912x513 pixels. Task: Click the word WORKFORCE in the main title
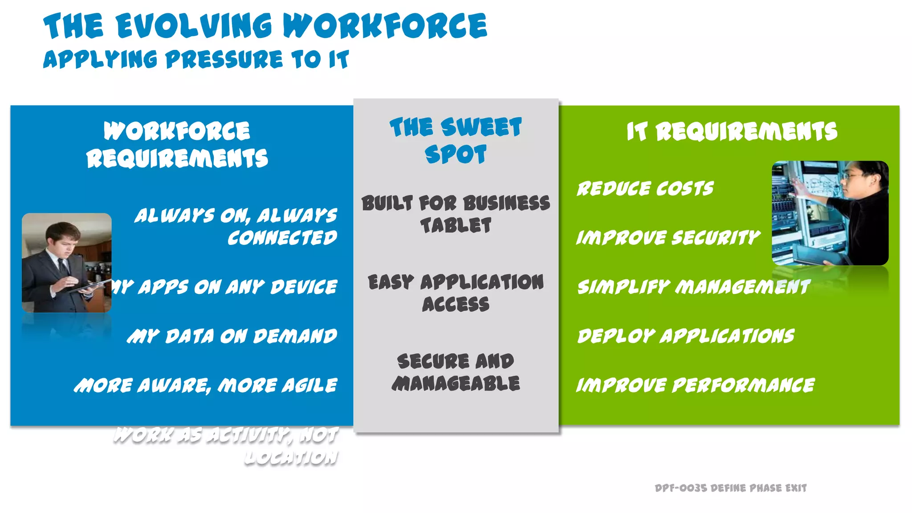385,26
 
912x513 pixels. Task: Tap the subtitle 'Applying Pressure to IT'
196,60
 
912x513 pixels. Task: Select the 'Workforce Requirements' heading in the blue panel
177,145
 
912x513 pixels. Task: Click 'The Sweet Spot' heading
456,140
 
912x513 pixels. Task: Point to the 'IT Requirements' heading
732,131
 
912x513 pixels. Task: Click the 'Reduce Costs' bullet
645,189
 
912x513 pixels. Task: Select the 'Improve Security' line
668,238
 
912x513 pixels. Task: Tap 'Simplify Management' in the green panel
693,287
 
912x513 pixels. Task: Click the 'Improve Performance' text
695,385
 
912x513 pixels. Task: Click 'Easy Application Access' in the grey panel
456,293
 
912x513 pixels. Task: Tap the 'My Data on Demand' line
232,336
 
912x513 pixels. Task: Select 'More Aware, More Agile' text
206,385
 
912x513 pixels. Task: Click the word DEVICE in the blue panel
304,287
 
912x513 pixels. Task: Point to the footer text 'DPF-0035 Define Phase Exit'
730,488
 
